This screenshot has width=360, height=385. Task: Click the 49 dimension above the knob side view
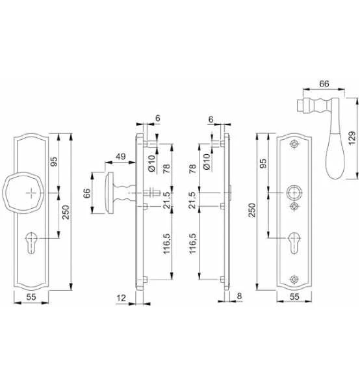120,157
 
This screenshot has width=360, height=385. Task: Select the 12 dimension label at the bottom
121,298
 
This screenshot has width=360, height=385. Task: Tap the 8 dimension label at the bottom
239,296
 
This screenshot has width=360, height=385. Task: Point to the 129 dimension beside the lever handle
352,139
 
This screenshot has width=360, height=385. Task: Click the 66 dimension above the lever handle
324,84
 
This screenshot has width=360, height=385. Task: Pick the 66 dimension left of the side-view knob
87,193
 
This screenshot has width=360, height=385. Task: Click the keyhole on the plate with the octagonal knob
31,243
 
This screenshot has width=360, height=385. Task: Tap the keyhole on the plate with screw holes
294,243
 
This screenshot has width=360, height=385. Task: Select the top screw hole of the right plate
294,144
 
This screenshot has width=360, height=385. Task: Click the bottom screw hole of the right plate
294,280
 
